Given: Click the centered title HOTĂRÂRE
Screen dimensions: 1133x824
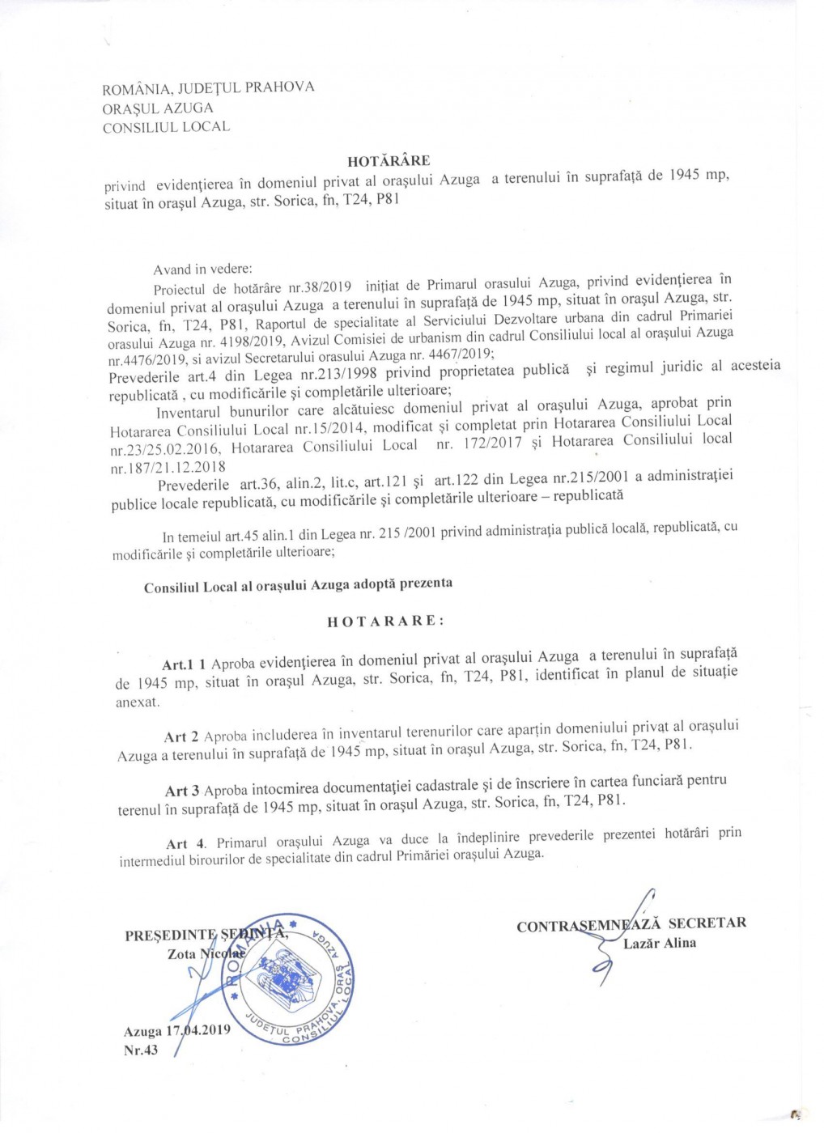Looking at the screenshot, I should [x=389, y=160].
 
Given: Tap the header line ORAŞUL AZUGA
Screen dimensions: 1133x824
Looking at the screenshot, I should [x=158, y=108].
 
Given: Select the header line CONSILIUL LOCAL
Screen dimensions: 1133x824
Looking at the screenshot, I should [x=166, y=127].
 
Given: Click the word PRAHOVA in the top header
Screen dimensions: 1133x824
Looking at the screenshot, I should [x=279, y=87].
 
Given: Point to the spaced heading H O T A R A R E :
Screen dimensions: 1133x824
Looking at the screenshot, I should [x=385, y=621].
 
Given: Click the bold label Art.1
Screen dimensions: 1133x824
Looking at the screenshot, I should [x=177, y=664].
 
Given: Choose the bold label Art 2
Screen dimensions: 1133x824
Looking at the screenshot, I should [x=181, y=736].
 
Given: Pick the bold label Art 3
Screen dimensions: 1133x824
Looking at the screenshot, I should [x=182, y=791].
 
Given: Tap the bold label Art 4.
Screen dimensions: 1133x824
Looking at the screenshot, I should [x=185, y=843].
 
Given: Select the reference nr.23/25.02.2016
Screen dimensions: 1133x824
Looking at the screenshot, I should [x=165, y=448].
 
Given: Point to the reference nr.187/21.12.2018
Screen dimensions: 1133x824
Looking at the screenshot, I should [x=168, y=467].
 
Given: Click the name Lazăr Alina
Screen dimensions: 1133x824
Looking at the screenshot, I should [x=660, y=943].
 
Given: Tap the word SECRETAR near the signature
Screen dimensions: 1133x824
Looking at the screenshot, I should [x=707, y=923].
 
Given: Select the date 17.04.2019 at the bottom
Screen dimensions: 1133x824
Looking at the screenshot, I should [x=198, y=1030].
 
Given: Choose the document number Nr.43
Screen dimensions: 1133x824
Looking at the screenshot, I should [x=141, y=1050].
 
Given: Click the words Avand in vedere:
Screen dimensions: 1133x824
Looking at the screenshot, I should [x=202, y=269].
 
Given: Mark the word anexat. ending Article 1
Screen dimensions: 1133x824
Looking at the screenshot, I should [x=138, y=702].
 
